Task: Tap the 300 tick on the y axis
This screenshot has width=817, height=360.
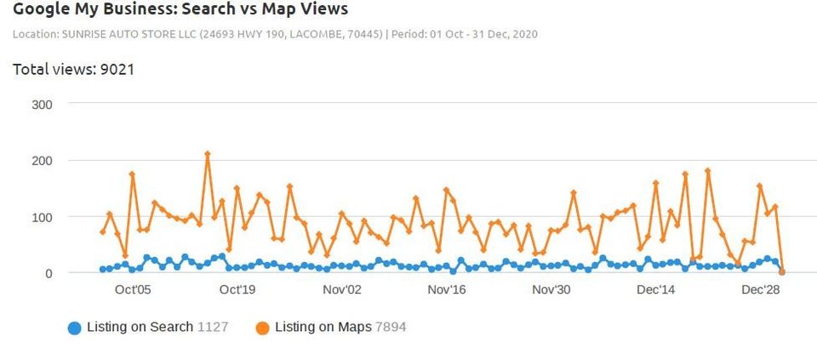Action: [43, 105]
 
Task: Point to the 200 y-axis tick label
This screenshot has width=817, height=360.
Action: [43, 161]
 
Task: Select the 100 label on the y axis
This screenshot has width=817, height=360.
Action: [43, 217]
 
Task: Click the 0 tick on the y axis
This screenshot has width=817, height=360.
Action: [49, 273]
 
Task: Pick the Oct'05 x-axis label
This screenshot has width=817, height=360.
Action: [133, 290]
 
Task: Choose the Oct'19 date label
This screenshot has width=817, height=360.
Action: [237, 290]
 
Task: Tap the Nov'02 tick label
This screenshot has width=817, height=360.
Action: [342, 290]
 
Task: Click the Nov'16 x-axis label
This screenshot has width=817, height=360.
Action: [447, 290]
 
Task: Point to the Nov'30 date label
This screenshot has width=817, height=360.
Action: [551, 290]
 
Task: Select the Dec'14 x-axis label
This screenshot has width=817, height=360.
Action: [656, 290]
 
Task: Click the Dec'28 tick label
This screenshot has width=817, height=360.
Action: [761, 290]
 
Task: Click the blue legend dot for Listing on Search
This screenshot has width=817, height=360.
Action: [75, 328]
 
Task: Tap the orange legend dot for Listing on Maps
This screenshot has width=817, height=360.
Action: [262, 328]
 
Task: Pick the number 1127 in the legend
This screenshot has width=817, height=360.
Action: [213, 327]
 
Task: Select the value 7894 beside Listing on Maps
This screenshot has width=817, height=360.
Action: [391, 327]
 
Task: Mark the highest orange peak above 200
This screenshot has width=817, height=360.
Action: [207, 154]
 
